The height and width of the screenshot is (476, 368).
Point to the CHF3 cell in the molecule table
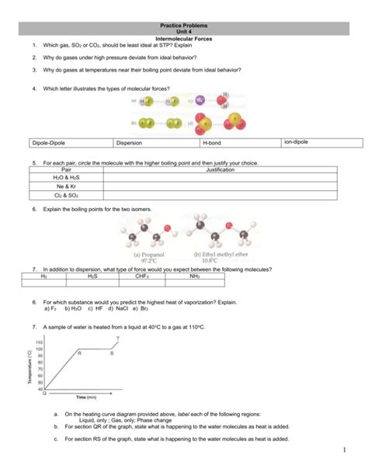click(141, 276)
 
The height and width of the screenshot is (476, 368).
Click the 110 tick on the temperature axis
click(38, 342)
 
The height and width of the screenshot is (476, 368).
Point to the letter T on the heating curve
click(117, 339)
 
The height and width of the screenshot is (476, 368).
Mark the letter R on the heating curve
click(79, 353)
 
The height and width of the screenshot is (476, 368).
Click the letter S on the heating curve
click(111, 353)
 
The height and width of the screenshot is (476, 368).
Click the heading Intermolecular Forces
click(185, 38)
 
